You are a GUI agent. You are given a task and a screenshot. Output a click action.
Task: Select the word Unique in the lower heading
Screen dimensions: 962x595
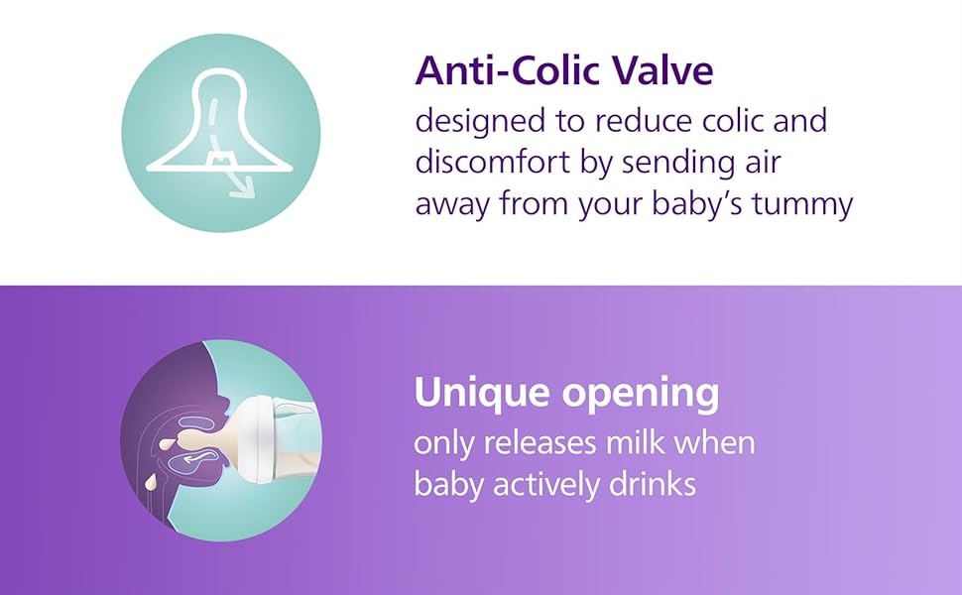482,393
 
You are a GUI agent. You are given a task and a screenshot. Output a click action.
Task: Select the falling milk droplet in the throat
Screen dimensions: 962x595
150,482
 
